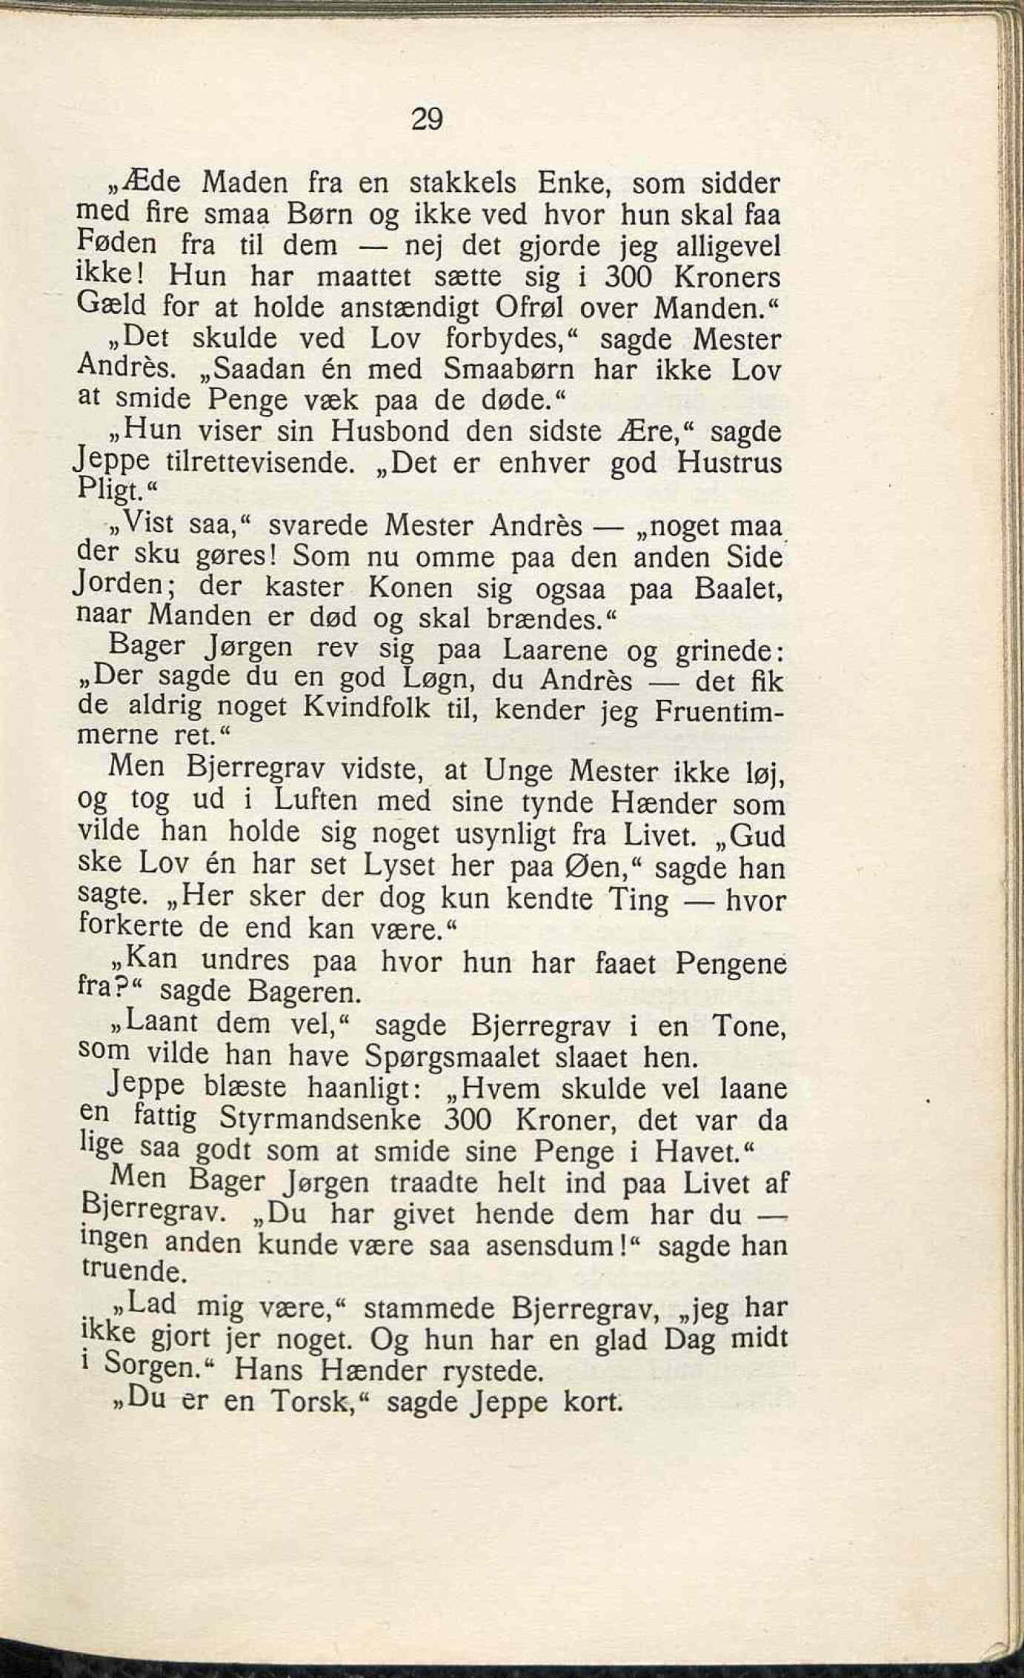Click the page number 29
(x=427, y=119)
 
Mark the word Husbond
(x=390, y=431)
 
